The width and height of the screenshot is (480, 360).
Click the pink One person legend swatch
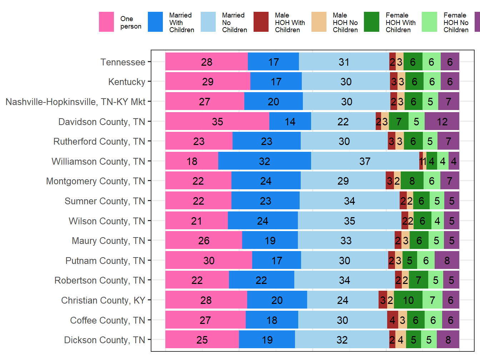pos(106,22)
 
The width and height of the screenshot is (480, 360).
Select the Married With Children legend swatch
pos(155,22)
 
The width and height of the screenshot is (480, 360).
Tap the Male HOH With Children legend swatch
pos(261,22)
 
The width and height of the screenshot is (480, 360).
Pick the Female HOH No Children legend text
pos(456,22)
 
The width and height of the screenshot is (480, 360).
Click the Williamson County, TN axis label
pos(98,161)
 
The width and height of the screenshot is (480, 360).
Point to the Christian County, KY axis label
pos(103,300)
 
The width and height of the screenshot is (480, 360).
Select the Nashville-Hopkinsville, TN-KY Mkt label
pos(75,102)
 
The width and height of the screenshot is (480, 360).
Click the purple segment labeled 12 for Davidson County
pos(442,121)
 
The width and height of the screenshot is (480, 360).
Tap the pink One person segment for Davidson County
pos(217,121)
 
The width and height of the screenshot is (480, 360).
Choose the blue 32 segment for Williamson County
pos(264,161)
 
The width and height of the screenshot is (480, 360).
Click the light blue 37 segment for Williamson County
pos(365,161)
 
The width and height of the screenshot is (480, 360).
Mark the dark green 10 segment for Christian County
pos(408,300)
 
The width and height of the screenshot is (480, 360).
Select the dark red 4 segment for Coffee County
pos(392,320)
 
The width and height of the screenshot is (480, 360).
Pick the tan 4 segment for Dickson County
pos(400,340)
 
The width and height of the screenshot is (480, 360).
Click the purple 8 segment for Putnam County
pos(447,260)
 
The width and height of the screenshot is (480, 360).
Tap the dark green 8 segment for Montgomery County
pos(412,181)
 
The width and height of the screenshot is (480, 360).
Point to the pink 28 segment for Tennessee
pos(206,62)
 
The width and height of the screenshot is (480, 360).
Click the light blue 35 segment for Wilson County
pos(349,221)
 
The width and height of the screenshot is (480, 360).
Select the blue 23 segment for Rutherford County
pos(266,141)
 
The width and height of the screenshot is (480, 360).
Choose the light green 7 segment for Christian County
pos(432,300)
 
